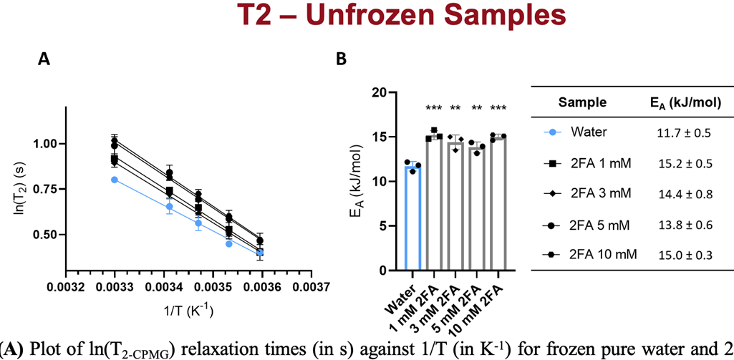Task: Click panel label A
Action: (x=44, y=62)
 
